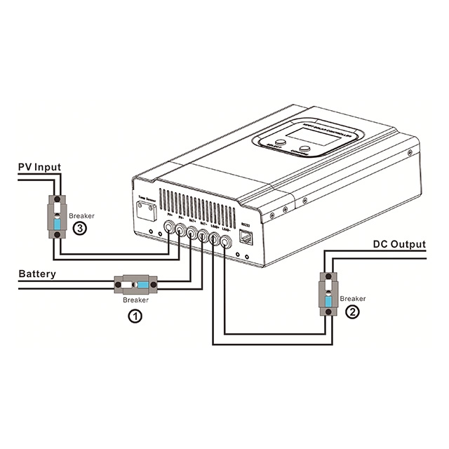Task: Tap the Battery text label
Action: click(37, 273)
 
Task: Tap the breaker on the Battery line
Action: click(135, 285)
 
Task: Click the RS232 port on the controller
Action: click(246, 237)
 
